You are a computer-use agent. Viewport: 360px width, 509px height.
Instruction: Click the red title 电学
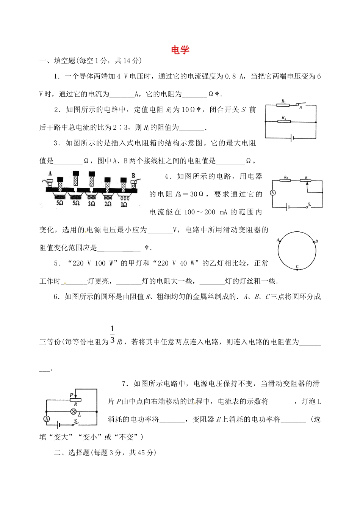coord(180,50)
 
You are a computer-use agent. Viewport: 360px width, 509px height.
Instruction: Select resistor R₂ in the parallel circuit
coord(284,122)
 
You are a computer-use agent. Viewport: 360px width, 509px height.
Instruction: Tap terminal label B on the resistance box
coord(133,176)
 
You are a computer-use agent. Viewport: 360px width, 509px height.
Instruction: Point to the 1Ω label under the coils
coord(124,204)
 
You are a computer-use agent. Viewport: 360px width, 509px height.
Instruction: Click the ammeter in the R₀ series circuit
coord(272,193)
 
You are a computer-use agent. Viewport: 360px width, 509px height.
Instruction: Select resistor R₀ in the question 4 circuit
coord(286,181)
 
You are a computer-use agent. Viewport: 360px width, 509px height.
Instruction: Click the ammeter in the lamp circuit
coord(47,419)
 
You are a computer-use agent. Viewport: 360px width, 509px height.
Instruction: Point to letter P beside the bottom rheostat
coord(71,395)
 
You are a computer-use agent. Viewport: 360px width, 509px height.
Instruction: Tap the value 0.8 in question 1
coord(230,77)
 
